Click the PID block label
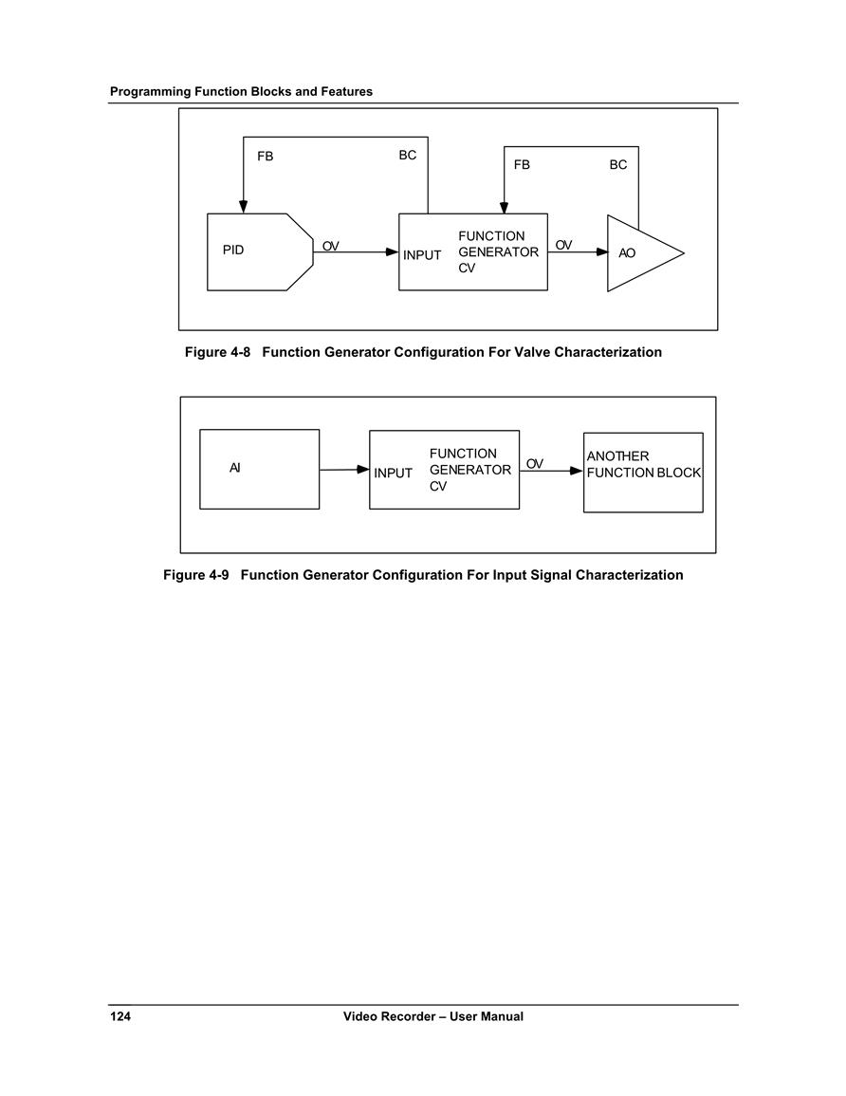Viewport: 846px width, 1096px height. tap(233, 251)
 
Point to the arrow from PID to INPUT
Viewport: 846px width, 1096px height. tap(356, 252)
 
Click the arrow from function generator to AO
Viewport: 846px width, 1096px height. tap(578, 252)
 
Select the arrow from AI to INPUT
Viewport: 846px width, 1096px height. tap(344, 470)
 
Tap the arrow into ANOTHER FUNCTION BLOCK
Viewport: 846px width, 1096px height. tap(551, 471)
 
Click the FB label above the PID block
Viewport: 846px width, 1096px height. tap(266, 157)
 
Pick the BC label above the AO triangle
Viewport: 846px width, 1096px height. tap(618, 165)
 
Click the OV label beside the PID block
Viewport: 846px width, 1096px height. tap(330, 246)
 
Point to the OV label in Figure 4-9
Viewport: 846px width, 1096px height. tap(534, 464)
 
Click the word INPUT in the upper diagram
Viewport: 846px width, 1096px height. tap(422, 255)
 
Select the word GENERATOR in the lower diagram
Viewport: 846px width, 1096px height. tap(470, 470)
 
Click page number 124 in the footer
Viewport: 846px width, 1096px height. tap(120, 1016)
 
